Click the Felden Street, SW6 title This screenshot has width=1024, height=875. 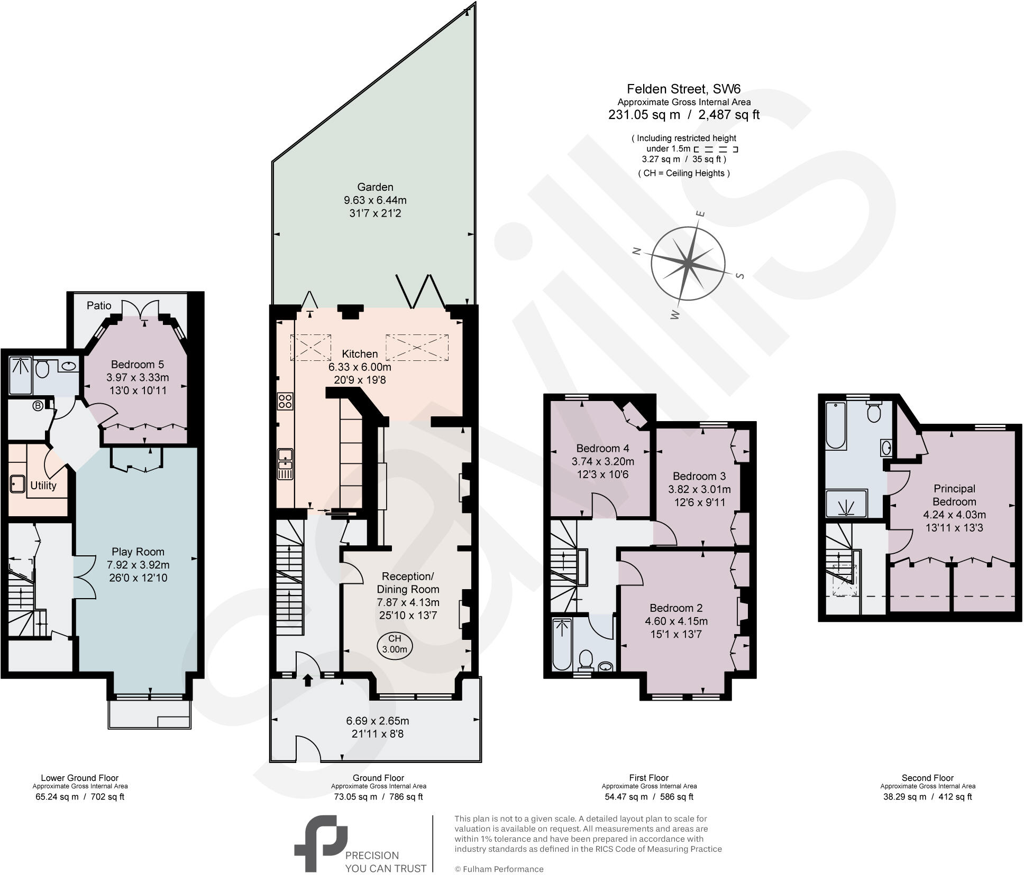tap(683, 88)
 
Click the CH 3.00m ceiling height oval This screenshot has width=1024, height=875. tap(395, 644)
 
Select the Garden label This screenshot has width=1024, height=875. tap(375, 187)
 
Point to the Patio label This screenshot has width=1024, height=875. tap(99, 305)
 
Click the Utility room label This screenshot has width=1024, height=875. tap(43, 486)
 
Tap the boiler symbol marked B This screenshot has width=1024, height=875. tap(38, 406)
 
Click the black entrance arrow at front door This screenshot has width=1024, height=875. tap(308, 680)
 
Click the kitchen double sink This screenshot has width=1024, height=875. tap(285, 464)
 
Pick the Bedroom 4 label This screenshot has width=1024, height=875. tap(602, 448)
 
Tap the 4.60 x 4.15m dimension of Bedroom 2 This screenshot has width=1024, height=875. tap(676, 621)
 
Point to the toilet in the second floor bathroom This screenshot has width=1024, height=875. tap(874, 412)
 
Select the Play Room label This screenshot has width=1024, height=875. tap(138, 552)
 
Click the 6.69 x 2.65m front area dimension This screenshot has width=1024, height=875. tap(377, 721)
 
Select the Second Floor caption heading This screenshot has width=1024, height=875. tap(927, 778)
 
